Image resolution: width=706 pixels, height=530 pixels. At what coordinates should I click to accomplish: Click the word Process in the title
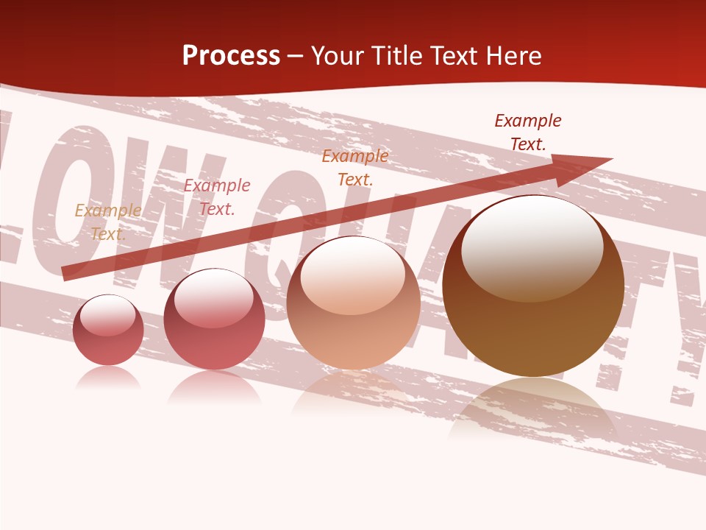[231, 56]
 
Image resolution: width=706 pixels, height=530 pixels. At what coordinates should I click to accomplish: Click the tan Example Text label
[108, 222]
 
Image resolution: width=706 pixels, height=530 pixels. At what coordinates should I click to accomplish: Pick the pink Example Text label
[216, 197]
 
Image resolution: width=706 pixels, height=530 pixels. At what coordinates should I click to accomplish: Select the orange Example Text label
[354, 167]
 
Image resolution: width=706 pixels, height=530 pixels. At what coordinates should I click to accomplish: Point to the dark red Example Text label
[527, 132]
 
